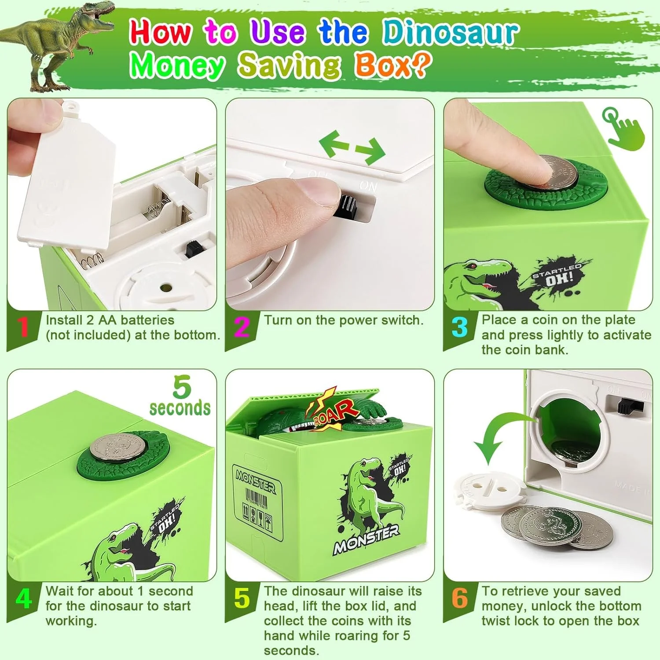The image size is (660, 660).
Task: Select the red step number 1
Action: coord(23,326)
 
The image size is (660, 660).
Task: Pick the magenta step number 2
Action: coord(242,326)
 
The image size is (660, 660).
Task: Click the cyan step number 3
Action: coord(460,326)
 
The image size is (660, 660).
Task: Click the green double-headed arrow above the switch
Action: coord(352,147)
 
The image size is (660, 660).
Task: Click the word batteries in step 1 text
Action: coord(147,320)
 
